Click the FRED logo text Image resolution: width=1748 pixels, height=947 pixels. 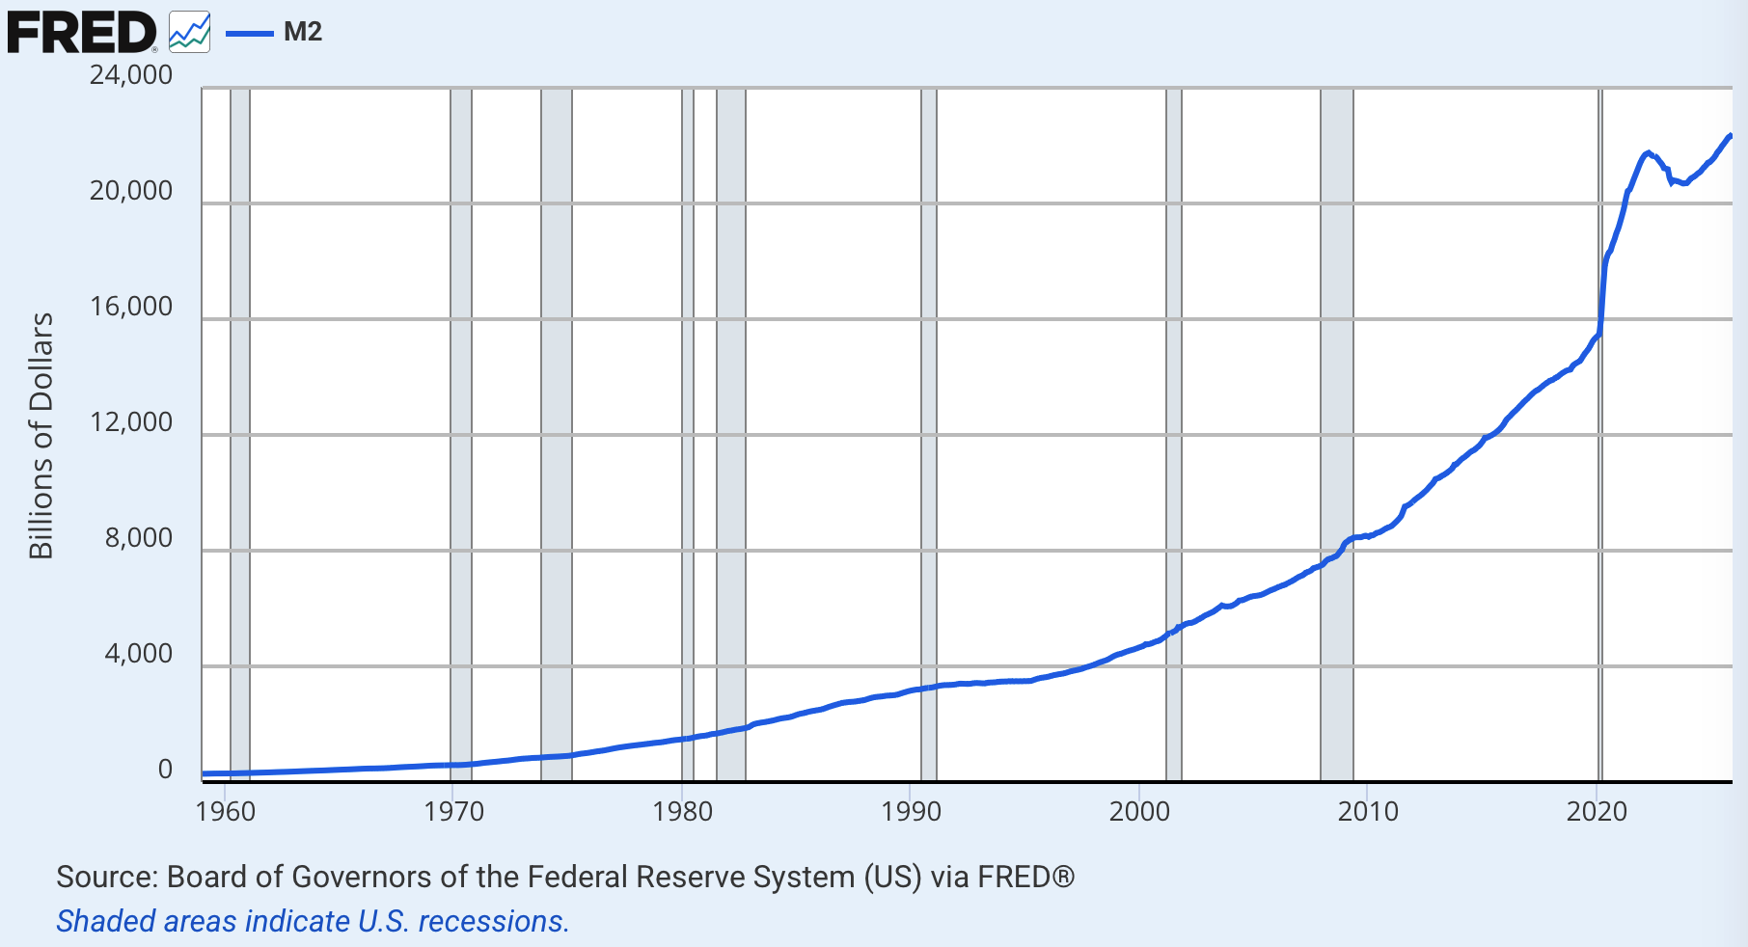(81, 33)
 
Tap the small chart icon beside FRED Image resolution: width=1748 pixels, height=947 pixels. (189, 33)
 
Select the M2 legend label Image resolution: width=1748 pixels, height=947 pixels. (302, 32)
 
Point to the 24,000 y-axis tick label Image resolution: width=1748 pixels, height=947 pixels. (131, 75)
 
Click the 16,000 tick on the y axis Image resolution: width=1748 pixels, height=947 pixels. (131, 307)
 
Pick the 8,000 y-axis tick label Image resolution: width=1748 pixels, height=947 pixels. (139, 538)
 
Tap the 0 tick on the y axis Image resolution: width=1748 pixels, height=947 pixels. (165, 770)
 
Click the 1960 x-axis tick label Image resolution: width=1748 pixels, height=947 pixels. (226, 811)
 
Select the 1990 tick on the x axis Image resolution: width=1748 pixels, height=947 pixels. (911, 811)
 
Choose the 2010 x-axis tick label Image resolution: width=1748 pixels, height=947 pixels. (1368, 811)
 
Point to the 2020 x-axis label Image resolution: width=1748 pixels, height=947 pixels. (1597, 811)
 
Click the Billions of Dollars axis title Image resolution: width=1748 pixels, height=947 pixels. (41, 435)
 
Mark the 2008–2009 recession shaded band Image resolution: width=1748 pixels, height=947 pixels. (1336, 434)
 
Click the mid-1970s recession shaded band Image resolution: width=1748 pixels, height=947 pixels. (557, 434)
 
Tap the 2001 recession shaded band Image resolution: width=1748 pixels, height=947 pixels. (1174, 434)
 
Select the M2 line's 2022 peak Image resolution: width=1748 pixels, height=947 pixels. (1648, 152)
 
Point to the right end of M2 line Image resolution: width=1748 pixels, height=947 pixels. (1730, 136)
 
